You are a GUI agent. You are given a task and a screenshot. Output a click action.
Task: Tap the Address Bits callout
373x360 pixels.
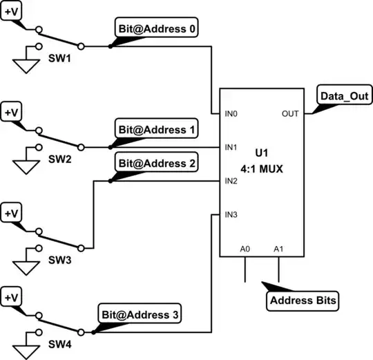click(x=300, y=301)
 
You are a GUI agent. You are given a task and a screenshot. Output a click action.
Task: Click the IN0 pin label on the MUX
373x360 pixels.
click(x=231, y=113)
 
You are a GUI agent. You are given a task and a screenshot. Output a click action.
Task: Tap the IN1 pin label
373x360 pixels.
click(x=231, y=146)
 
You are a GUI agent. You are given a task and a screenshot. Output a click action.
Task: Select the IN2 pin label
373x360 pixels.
click(x=231, y=180)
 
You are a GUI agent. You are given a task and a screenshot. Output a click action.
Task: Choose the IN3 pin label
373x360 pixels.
click(x=231, y=214)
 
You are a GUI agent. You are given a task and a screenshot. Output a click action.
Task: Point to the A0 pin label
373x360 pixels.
click(x=245, y=248)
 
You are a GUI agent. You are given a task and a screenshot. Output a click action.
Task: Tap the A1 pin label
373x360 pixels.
click(x=279, y=248)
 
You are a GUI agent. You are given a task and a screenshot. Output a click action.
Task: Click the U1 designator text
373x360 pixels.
click(x=261, y=151)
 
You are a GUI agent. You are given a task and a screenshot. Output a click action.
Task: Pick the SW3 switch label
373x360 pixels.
click(x=57, y=262)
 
